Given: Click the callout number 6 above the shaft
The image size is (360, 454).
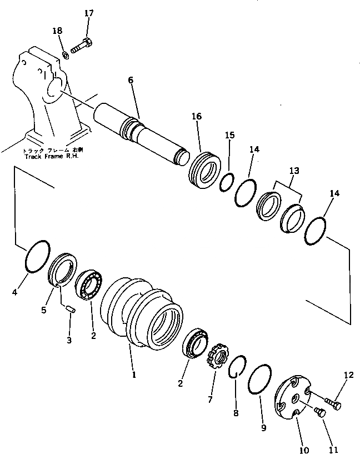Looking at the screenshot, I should [131, 80].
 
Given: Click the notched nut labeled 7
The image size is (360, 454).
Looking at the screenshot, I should [215, 356].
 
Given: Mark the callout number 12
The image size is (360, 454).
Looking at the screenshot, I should [348, 376].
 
